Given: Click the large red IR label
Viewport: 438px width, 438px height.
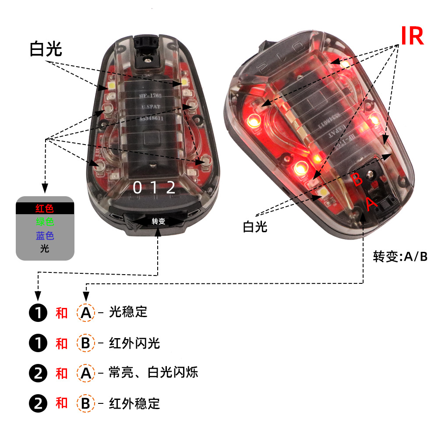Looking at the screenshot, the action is pyautogui.click(x=412, y=36).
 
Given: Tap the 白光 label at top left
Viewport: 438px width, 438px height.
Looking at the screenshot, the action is pyautogui.click(x=46, y=49).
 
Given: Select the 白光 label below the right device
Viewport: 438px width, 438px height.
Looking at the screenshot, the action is pyautogui.click(x=255, y=227).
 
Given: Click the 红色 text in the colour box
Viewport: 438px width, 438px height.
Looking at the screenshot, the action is pyautogui.click(x=45, y=208).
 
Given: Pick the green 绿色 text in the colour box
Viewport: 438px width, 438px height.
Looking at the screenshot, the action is pyautogui.click(x=45, y=222).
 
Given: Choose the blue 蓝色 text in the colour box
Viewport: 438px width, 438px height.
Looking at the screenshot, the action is pyautogui.click(x=45, y=236).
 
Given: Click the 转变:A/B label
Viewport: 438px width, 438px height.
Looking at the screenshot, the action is pyautogui.click(x=400, y=257).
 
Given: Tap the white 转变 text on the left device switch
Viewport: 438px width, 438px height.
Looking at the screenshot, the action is pyautogui.click(x=159, y=221).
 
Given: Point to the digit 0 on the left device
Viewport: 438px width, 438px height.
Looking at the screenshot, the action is pyautogui.click(x=137, y=188).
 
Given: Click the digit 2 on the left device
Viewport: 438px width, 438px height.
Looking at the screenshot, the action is pyautogui.click(x=171, y=188).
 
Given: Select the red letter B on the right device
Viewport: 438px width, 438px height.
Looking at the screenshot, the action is pyautogui.click(x=357, y=179).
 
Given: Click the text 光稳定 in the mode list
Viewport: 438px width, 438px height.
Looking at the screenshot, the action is pyautogui.click(x=128, y=312).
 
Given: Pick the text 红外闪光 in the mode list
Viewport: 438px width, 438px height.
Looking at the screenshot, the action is pyautogui.click(x=134, y=343).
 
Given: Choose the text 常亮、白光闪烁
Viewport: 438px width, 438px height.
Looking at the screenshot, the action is pyautogui.click(x=153, y=373).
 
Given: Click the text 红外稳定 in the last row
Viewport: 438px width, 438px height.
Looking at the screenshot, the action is pyautogui.click(x=134, y=403).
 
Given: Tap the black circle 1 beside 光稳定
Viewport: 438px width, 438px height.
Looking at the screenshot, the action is pyautogui.click(x=38, y=313).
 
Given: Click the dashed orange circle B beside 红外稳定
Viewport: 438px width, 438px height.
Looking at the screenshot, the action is pyautogui.click(x=85, y=403).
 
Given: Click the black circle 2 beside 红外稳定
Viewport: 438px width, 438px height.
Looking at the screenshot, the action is pyautogui.click(x=38, y=403).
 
